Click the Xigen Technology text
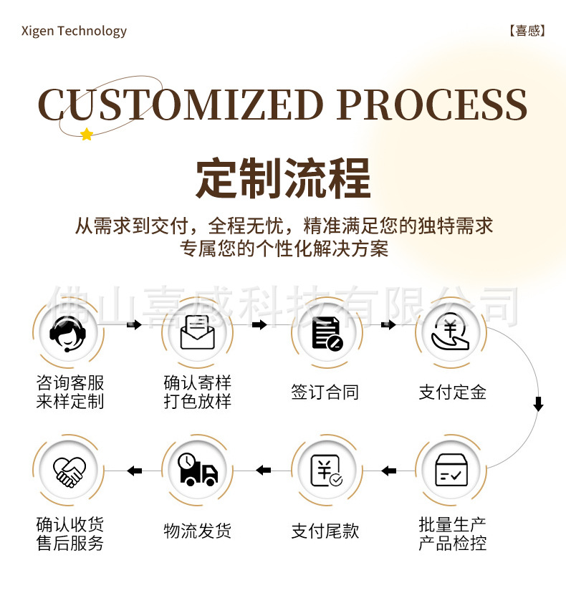click(74, 31)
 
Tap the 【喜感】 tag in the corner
click(527, 31)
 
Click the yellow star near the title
click(87, 134)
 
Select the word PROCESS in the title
click(431, 105)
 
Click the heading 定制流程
click(283, 179)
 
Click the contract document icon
click(326, 333)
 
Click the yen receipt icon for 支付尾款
click(326, 471)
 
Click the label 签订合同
click(325, 392)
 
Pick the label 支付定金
click(452, 392)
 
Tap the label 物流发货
click(197, 531)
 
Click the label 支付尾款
click(325, 531)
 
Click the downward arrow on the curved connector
click(538, 404)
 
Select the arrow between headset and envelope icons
click(133, 325)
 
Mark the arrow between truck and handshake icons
click(134, 471)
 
